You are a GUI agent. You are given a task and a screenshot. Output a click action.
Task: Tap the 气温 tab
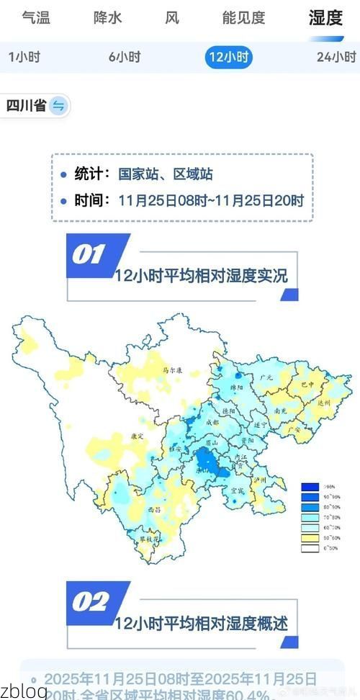pos(36,18)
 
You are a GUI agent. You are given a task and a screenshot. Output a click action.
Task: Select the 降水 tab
pos(108,18)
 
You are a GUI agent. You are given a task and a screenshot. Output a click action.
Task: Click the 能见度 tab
pos(243,18)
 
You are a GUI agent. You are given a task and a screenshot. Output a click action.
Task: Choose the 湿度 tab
pos(325,18)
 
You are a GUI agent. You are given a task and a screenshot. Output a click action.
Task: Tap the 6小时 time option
pos(125,57)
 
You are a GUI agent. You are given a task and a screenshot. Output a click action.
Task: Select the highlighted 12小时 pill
pos(229,57)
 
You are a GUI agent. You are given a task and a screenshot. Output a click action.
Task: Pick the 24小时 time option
pos(336,57)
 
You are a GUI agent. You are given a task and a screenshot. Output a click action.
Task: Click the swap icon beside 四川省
pos(58,106)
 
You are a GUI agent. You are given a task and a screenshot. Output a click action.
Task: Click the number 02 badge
pos(90,601)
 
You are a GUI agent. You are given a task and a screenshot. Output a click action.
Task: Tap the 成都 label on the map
pos(212,423)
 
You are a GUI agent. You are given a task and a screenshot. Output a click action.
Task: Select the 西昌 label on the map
pos(153,509)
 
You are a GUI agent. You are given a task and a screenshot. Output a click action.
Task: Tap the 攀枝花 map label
pos(148,538)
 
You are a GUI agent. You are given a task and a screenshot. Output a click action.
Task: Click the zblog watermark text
pos(24,691)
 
